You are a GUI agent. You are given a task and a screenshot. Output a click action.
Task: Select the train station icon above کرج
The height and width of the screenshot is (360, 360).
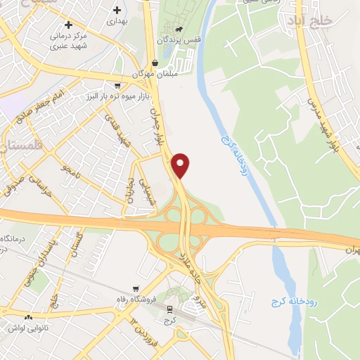pos(169,309)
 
